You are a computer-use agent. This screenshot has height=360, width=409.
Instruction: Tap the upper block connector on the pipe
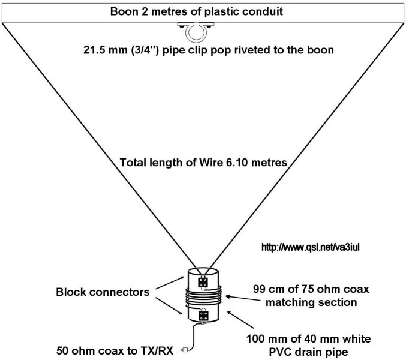(x=204, y=281)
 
